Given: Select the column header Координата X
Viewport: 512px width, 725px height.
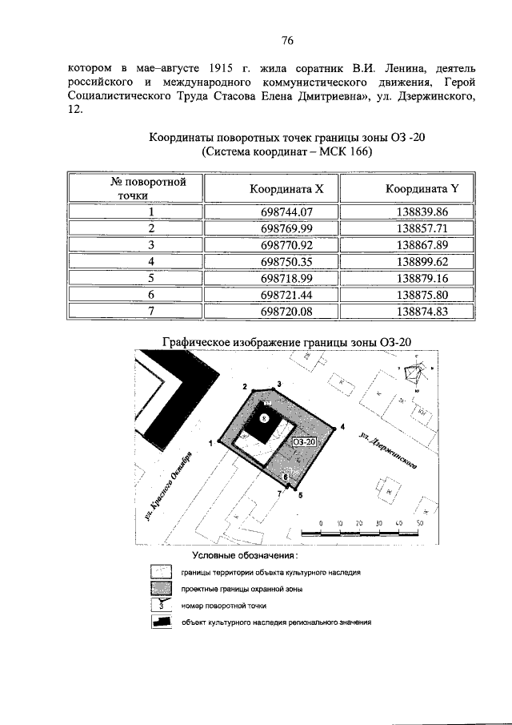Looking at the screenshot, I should point(286,189).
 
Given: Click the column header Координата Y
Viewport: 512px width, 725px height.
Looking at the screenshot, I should point(422,189).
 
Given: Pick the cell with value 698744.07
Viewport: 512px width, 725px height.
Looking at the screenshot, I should point(286,212).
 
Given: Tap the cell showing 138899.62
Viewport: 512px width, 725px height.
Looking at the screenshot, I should point(422,261).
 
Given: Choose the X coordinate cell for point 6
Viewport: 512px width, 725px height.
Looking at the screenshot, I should point(286,294).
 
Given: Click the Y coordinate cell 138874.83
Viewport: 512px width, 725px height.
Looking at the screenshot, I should point(422,310).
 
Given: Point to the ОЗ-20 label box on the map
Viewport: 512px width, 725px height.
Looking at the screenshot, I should point(306,441).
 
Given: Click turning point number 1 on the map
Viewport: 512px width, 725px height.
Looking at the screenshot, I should point(210,442).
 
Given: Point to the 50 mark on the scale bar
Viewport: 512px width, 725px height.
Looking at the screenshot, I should point(418,523).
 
